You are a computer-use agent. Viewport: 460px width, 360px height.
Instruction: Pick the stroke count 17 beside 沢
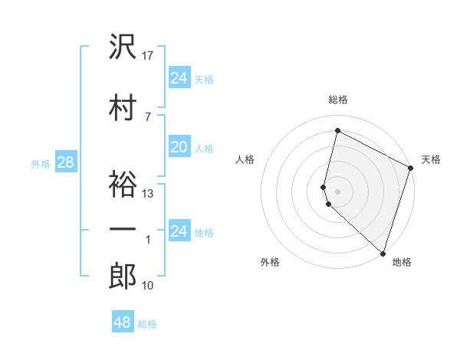click(149, 56)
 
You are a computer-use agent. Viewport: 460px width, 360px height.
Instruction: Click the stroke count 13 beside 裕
click(149, 194)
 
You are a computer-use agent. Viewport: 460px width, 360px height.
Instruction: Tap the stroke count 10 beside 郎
click(149, 286)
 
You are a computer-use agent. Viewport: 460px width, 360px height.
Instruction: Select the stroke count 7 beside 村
click(148, 116)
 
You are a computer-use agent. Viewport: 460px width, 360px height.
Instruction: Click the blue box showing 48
click(123, 322)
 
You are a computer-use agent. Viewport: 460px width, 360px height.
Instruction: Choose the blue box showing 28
click(65, 162)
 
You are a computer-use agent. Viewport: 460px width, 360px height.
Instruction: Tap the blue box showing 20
click(179, 147)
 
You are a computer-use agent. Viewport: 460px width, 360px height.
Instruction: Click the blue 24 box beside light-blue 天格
click(179, 77)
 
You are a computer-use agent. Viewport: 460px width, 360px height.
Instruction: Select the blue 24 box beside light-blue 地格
click(179, 231)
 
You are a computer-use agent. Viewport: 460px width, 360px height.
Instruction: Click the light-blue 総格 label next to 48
click(147, 324)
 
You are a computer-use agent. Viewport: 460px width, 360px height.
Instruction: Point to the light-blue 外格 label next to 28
click(41, 163)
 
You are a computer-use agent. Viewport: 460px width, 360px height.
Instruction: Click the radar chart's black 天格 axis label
click(431, 159)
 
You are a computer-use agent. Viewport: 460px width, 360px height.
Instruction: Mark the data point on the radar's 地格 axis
click(383, 253)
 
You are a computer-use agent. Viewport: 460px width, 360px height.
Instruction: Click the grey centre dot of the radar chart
click(337, 191)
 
